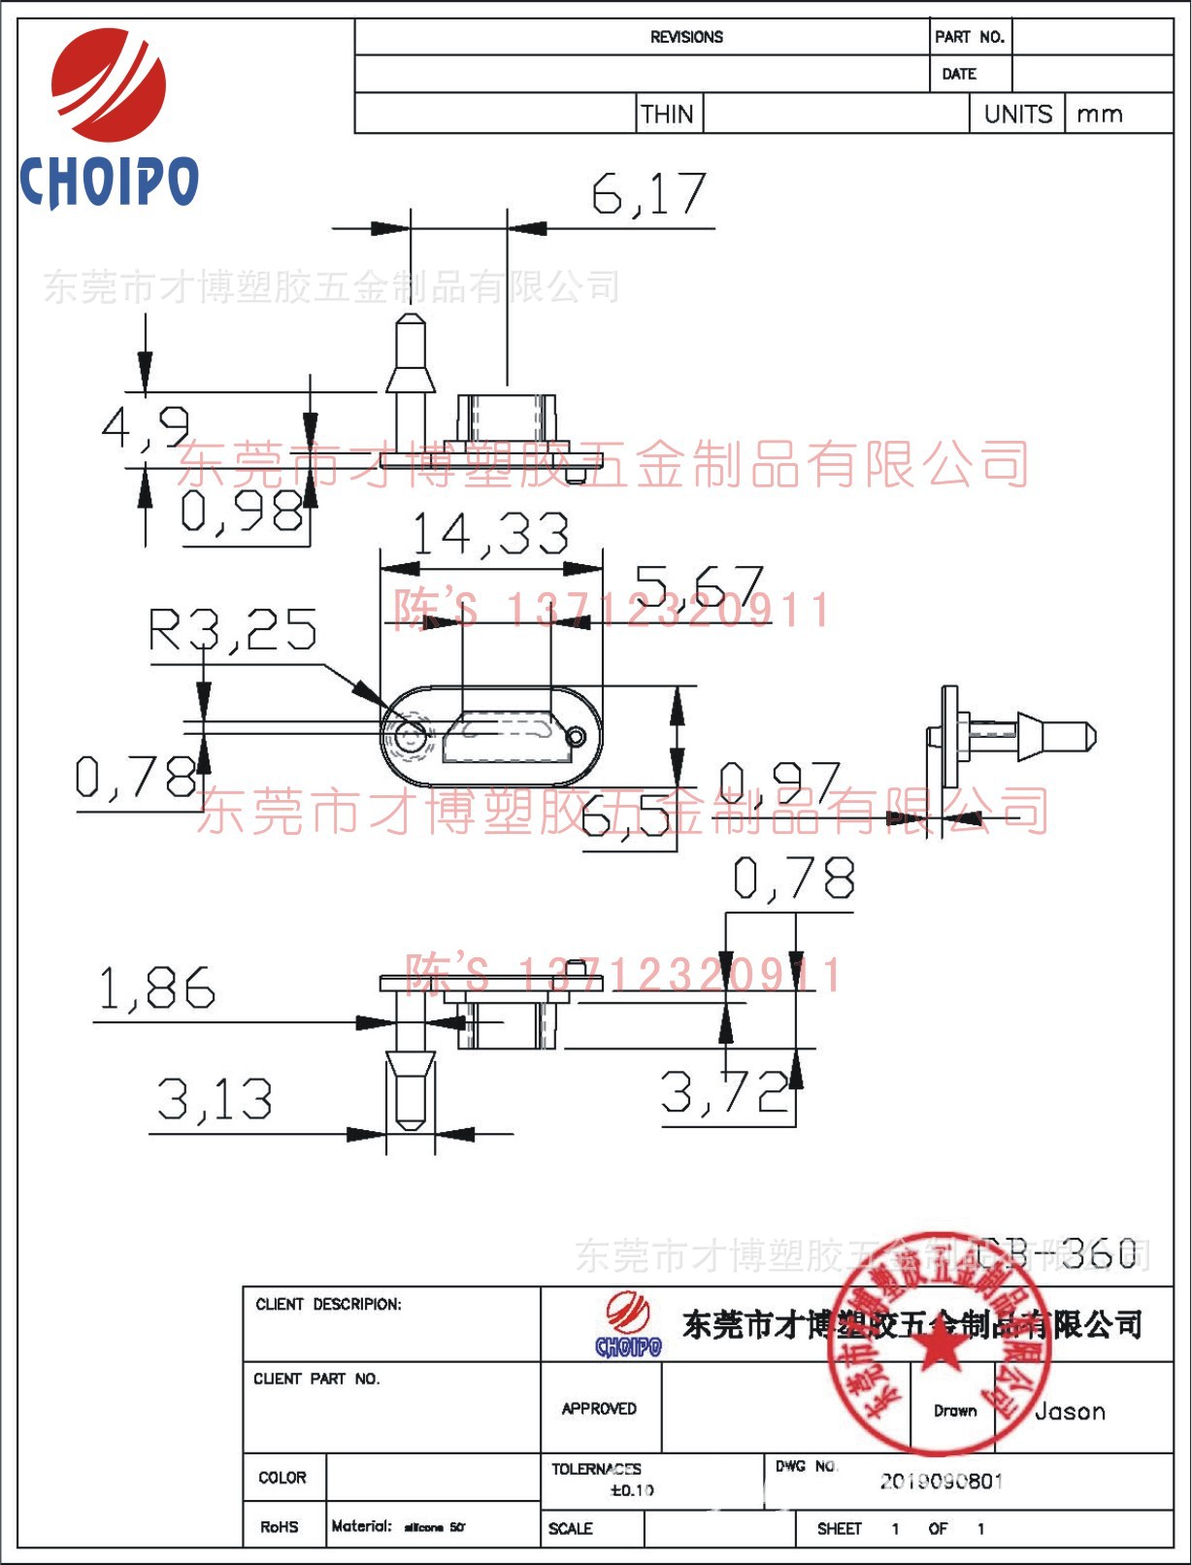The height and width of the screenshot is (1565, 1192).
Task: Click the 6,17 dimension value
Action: click(649, 194)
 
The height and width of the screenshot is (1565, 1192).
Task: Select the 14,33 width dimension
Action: click(490, 534)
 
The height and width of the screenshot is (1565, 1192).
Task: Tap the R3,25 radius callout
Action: click(232, 630)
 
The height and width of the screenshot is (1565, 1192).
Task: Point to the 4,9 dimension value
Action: click(146, 427)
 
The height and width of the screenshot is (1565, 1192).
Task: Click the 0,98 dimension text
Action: click(242, 511)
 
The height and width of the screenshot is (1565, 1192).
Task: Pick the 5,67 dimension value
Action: click(699, 586)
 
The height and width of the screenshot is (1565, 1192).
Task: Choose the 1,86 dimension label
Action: click(156, 989)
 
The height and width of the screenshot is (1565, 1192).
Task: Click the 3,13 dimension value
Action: click(215, 1100)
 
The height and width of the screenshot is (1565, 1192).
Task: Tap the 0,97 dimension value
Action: click(779, 782)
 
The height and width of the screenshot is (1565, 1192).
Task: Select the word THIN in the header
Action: click(668, 115)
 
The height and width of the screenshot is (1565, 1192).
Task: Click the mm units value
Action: click(1100, 115)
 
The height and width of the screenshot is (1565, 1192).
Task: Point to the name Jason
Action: click(1070, 1412)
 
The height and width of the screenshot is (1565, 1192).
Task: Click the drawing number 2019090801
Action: click(942, 1482)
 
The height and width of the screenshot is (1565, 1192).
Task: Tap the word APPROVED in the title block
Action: click(599, 1409)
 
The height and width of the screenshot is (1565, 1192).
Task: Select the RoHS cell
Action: click(280, 1527)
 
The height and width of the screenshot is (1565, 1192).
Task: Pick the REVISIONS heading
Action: click(686, 37)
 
